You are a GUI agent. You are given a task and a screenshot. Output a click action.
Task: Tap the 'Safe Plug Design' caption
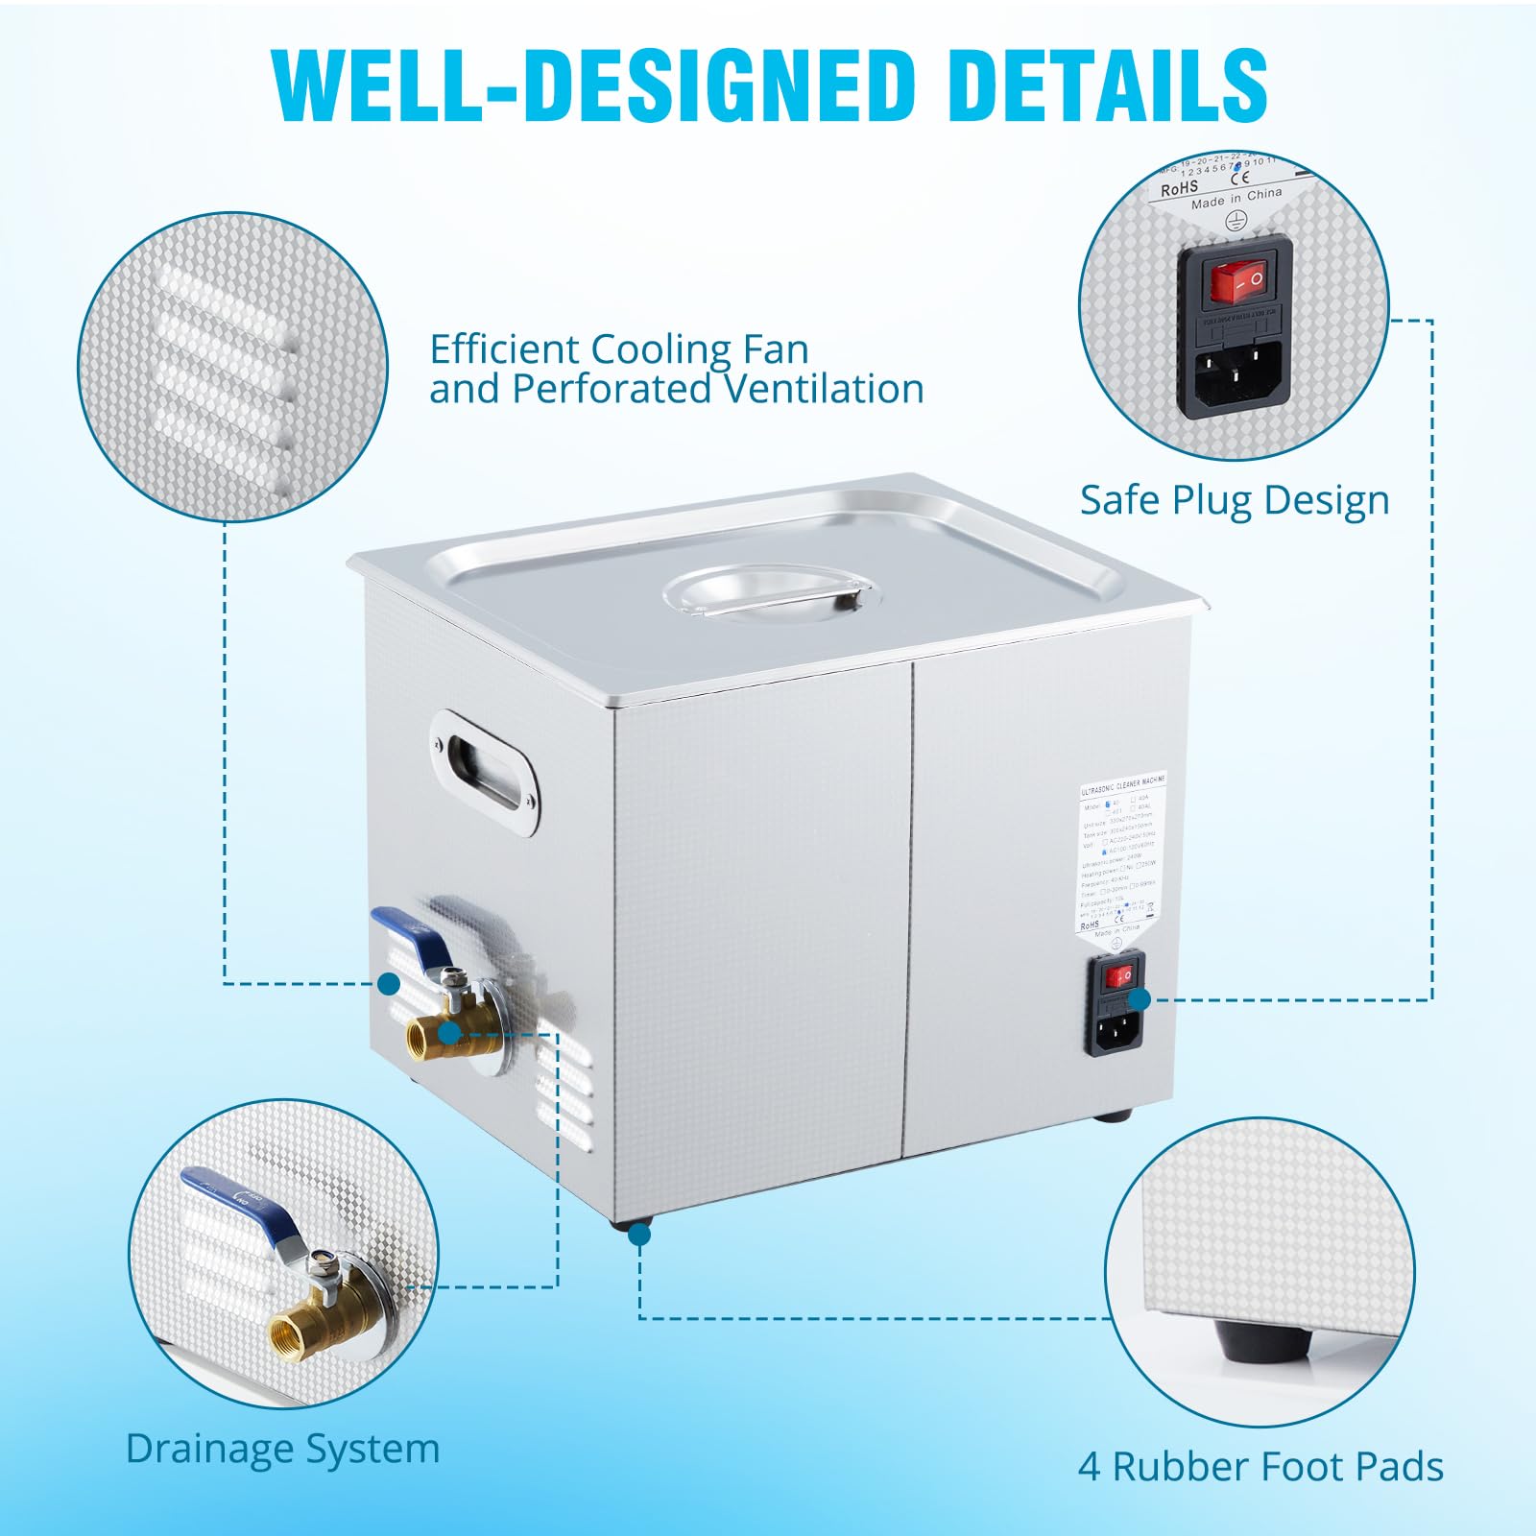(1235, 500)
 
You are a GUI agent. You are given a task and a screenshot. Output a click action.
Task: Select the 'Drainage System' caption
(282, 1449)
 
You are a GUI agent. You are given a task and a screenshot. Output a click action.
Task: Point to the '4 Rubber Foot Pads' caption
(1260, 1467)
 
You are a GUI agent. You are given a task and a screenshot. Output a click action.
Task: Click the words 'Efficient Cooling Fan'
(619, 349)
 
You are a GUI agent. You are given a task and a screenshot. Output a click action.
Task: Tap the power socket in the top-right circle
(1236, 370)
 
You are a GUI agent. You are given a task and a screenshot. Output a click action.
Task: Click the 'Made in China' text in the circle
(1236, 198)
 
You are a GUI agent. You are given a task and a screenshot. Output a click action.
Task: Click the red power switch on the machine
(1116, 978)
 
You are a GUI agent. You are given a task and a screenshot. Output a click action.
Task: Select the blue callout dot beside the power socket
(1140, 1000)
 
